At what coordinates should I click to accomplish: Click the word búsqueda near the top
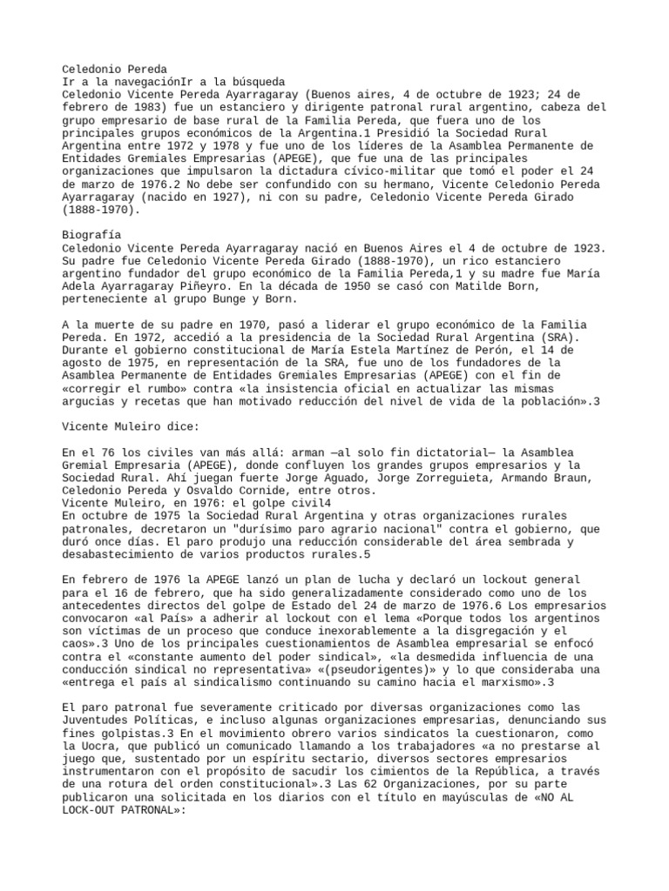260,81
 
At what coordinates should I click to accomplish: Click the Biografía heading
91,235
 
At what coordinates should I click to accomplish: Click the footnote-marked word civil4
311,504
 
